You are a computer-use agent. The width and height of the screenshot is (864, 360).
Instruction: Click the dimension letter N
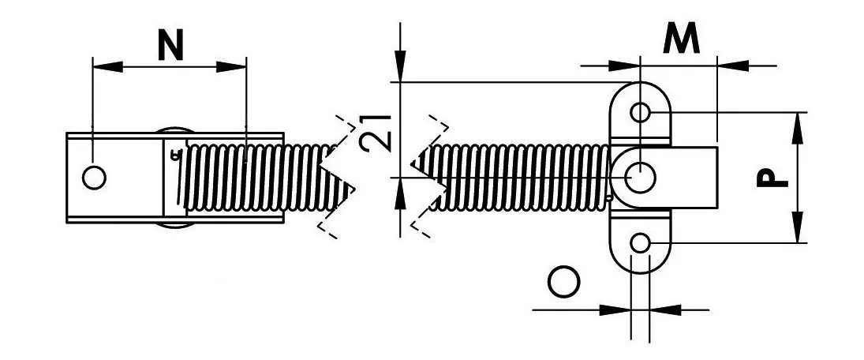pyautogui.click(x=170, y=45)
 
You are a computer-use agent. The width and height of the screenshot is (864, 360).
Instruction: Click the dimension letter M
pyautogui.click(x=681, y=39)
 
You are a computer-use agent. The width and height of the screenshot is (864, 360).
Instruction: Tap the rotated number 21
pyautogui.click(x=376, y=133)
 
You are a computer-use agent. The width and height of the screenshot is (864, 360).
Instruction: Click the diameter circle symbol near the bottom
pyautogui.click(x=563, y=282)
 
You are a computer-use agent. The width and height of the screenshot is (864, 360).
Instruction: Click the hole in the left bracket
pyautogui.click(x=94, y=178)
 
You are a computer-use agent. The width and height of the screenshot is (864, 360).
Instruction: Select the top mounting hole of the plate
pyautogui.click(x=640, y=112)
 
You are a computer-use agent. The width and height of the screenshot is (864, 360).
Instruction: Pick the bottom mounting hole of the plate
pyautogui.click(x=640, y=242)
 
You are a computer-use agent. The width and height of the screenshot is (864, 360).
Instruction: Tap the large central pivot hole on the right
pyautogui.click(x=640, y=178)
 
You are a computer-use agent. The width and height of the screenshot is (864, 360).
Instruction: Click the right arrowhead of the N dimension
pyautogui.click(x=231, y=66)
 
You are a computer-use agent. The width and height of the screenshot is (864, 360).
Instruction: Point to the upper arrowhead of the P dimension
pyautogui.click(x=798, y=127)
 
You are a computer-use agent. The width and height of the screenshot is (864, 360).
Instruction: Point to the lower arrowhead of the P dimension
pyautogui.click(x=798, y=227)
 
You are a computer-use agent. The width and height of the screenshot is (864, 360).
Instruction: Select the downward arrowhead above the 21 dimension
pyautogui.click(x=401, y=66)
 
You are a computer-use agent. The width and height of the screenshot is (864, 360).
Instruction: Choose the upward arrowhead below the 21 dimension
pyautogui.click(x=401, y=193)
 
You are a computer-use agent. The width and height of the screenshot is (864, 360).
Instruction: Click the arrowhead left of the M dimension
pyautogui.click(x=625, y=66)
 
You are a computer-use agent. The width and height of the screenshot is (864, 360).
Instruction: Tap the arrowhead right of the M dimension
pyautogui.click(x=732, y=66)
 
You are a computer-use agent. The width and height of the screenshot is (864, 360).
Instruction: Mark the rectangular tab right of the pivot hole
pyautogui.click(x=694, y=178)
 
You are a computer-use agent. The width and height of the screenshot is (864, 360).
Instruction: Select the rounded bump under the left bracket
pyautogui.click(x=174, y=226)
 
